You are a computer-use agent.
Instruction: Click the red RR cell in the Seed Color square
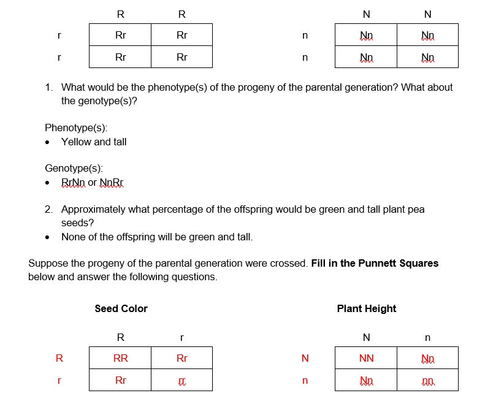pos(120,358)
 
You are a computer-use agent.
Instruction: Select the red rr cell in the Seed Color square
pos(181,381)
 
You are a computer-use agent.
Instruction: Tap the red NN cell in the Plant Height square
pos(366,358)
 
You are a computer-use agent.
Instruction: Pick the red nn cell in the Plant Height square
pos(427,381)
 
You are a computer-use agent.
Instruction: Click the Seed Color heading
pos(121,308)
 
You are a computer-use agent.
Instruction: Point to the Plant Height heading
pos(366,308)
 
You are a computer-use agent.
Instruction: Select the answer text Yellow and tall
pos(94,142)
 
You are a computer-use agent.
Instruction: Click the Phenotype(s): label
pos(76,128)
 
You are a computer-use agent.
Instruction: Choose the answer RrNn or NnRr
pos(93,182)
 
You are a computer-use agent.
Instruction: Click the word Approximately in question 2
pos(93,209)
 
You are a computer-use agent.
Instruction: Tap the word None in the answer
pos(73,237)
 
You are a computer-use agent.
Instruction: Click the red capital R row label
pos(59,358)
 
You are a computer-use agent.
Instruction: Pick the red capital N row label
pos(305,358)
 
